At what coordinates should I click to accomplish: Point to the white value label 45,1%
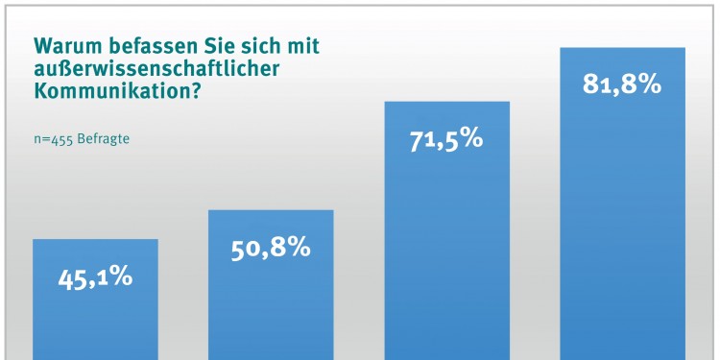click(95, 277)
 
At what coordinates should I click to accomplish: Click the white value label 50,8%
click(271, 248)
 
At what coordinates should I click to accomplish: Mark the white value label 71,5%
click(446, 138)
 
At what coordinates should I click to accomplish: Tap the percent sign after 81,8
click(648, 84)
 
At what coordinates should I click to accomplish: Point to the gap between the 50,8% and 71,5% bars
click(359, 288)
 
